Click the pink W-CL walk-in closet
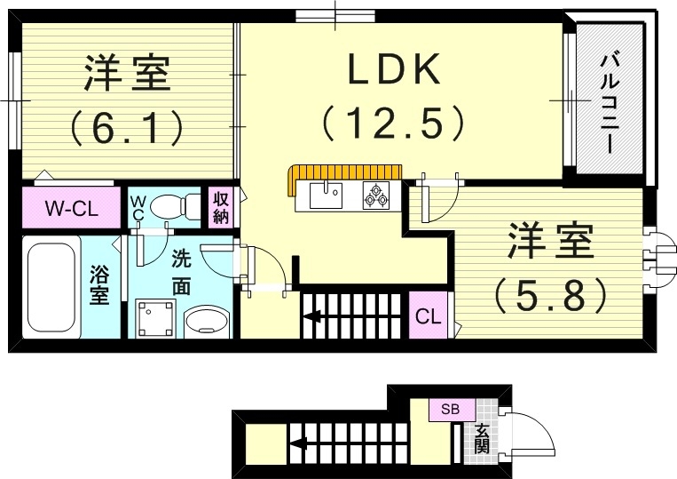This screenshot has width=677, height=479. (69, 210)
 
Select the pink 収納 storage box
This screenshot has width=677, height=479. (220, 207)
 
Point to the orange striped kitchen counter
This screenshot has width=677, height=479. (346, 172)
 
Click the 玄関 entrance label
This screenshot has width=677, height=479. (482, 437)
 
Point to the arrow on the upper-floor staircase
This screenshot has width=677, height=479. (315, 315)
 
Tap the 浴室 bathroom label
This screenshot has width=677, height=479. (99, 287)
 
